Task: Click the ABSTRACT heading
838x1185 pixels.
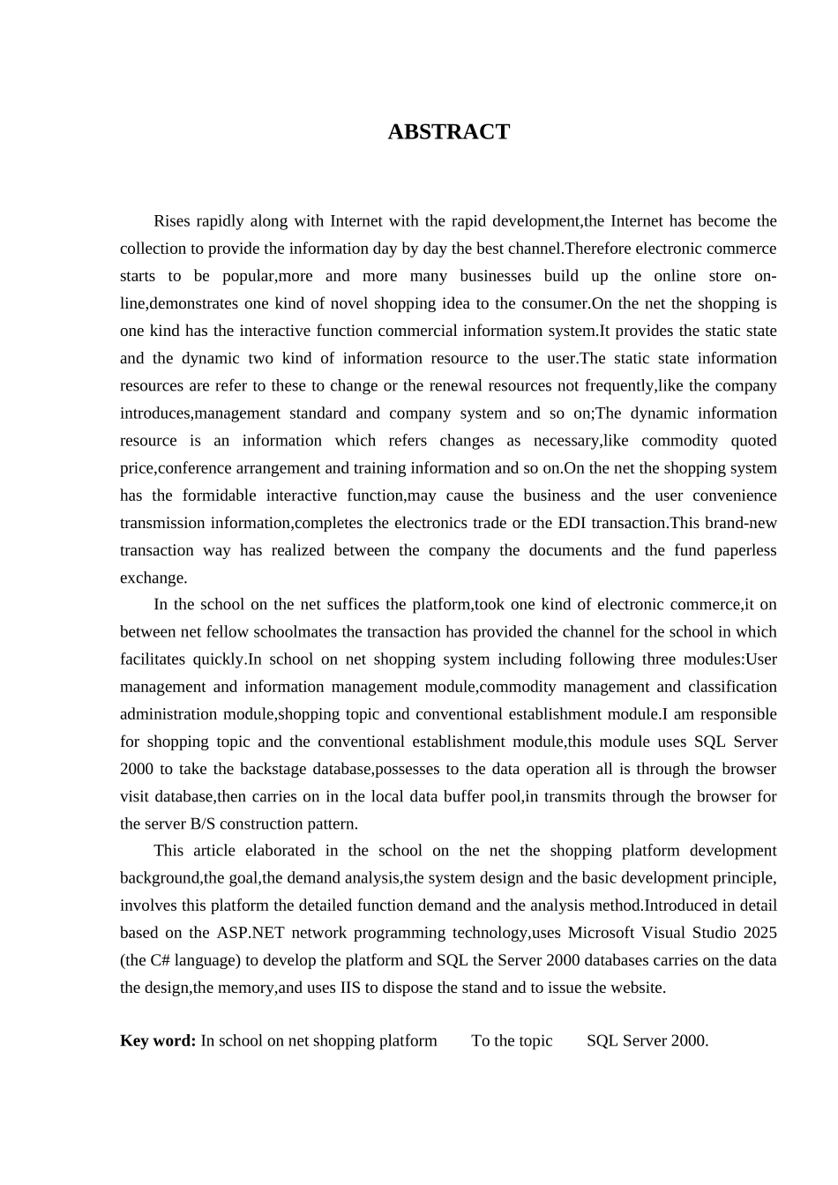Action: pos(448,132)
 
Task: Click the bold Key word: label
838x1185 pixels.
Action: pos(158,1040)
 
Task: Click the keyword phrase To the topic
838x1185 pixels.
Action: pos(512,1040)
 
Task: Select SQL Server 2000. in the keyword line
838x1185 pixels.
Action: pos(647,1040)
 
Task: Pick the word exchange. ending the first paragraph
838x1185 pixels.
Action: pos(153,578)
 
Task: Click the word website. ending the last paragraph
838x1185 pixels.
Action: pos(633,987)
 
